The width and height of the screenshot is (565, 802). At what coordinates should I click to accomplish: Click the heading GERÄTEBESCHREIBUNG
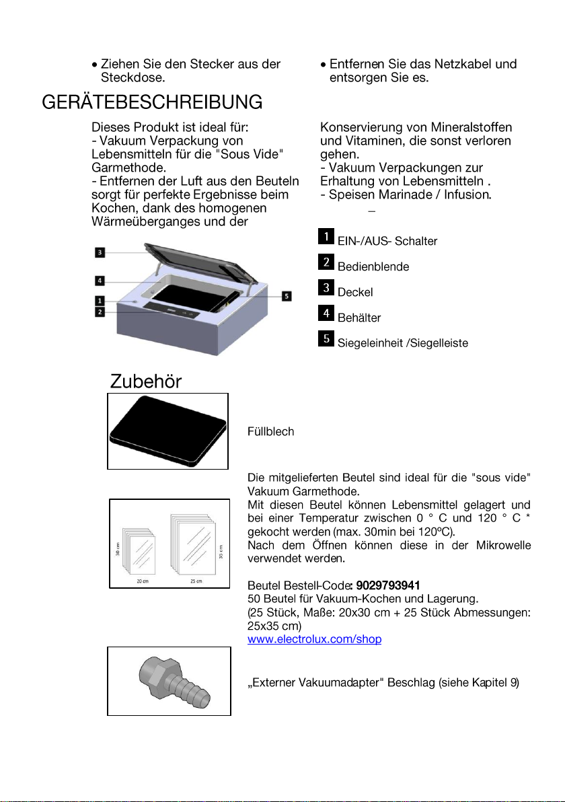pyautogui.click(x=152, y=102)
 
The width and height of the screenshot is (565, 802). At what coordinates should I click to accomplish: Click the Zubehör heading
pyautogui.click(x=146, y=381)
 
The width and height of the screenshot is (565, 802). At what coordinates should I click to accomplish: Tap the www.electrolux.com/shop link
pyautogui.click(x=314, y=640)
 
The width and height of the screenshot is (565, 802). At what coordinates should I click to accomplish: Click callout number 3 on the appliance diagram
pyautogui.click(x=99, y=252)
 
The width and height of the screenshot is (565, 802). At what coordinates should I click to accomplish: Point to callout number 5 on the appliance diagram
pyautogui.click(x=287, y=296)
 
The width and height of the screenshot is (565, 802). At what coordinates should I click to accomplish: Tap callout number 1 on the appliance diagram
pyautogui.click(x=99, y=301)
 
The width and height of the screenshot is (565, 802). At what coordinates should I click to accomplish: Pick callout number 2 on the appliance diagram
pyautogui.click(x=99, y=312)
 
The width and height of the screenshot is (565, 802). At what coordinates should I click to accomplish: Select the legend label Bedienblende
pyautogui.click(x=373, y=266)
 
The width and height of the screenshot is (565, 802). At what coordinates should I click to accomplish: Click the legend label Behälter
pyautogui.click(x=359, y=318)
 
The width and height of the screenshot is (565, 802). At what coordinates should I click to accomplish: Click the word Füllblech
pyautogui.click(x=270, y=432)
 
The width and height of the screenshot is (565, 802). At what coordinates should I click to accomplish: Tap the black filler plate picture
pyautogui.click(x=168, y=431)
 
